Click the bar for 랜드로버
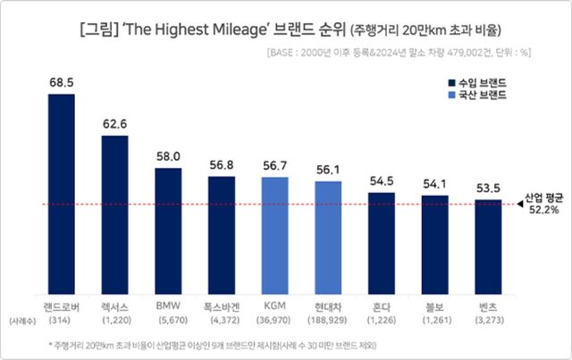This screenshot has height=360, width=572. coord(61,192)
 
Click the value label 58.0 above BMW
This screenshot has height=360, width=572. coord(168,155)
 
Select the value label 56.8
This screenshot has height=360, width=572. coord(222,163)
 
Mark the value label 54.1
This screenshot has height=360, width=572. coord(435,184)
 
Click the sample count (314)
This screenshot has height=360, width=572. coord(61,319)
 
